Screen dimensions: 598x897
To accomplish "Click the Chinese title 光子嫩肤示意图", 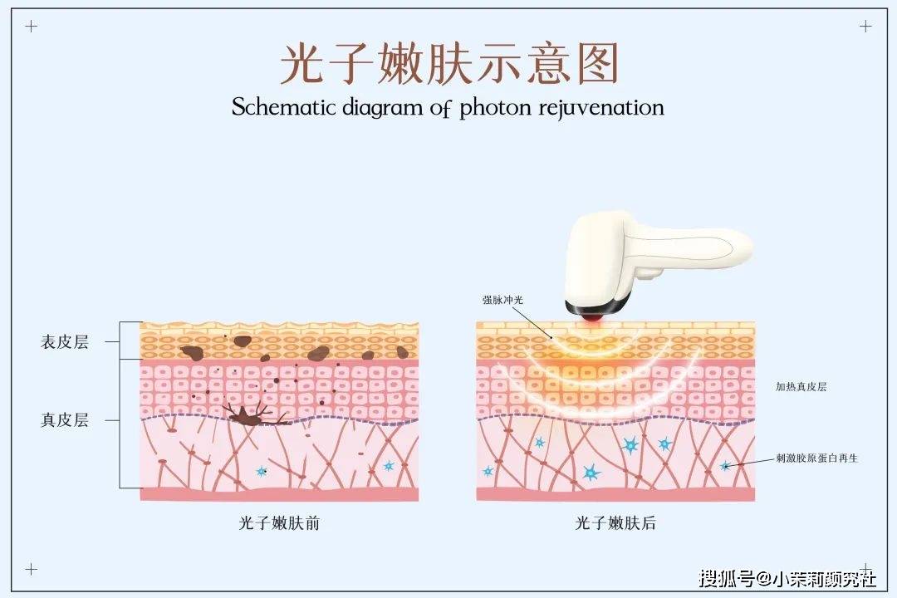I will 448,65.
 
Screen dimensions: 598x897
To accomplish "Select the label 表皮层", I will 64,342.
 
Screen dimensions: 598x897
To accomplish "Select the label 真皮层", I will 64,420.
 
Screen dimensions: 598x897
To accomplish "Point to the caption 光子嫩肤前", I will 279,523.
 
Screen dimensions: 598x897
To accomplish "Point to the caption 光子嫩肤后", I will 615,523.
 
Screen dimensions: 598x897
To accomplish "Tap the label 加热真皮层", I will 801,387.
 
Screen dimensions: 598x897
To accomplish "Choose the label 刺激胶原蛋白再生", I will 816,458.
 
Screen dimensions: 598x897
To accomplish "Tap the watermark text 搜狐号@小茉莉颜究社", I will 787,577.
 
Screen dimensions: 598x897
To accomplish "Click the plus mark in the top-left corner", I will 32,26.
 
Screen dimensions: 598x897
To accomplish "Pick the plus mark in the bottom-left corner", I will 32,569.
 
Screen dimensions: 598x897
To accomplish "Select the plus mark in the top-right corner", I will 865,26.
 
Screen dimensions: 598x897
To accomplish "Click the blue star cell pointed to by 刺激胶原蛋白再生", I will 726,466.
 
